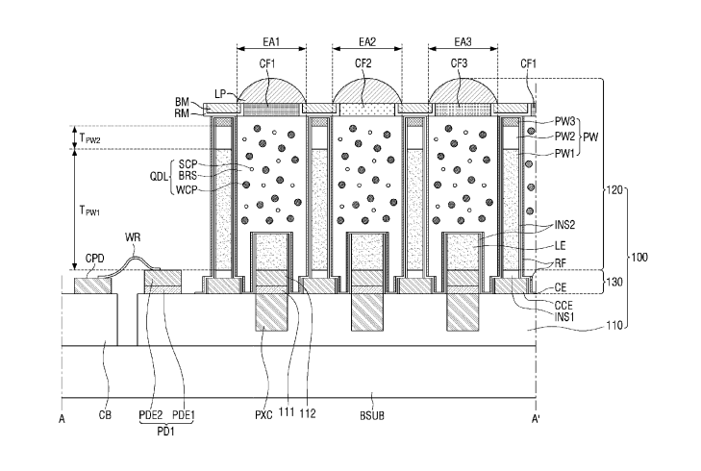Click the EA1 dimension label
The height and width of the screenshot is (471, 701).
click(x=271, y=42)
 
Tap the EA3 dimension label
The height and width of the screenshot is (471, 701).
click(x=463, y=42)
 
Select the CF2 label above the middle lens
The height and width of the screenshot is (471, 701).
click(x=363, y=63)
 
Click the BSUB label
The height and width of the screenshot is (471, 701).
click(x=372, y=415)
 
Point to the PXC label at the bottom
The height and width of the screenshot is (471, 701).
click(x=263, y=415)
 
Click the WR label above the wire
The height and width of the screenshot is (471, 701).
click(x=133, y=236)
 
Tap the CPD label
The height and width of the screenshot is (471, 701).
click(x=95, y=259)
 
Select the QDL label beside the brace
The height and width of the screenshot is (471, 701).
click(x=160, y=177)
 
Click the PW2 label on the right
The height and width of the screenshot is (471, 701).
click(x=564, y=136)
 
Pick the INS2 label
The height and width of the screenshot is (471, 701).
click(x=565, y=225)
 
